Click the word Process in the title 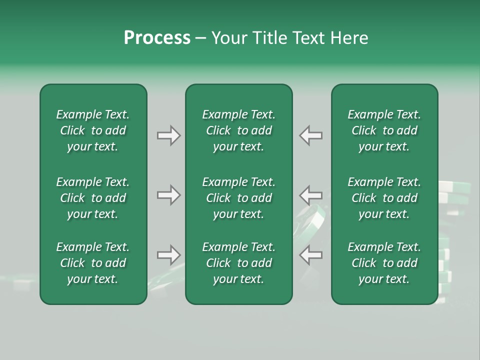coord(157,38)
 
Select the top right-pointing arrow coord(168,135)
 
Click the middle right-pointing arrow coord(168,195)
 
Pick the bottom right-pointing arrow coord(168,255)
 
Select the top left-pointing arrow coord(311,135)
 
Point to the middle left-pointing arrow coord(311,195)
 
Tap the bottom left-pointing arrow coord(311,255)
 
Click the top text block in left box coord(93,130)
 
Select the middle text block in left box coord(93,198)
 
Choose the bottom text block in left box coord(93,263)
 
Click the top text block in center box coord(238,130)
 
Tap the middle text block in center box coord(238,198)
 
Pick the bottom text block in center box coord(238,263)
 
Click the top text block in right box coord(384,130)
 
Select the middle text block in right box coord(384,198)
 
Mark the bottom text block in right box coord(384,263)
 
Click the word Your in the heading coord(229,38)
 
